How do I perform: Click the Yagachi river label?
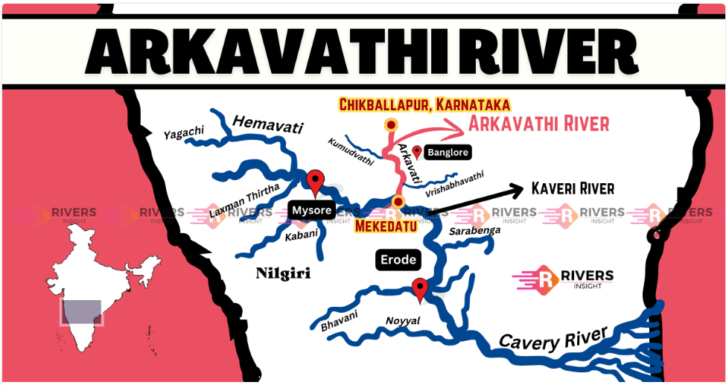click(184, 133)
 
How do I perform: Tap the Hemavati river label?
click(267, 125)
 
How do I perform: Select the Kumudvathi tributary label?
click(350, 151)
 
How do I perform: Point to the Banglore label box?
click(448, 153)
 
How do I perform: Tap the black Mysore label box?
click(311, 211)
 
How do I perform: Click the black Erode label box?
click(397, 261)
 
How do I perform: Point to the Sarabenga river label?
click(474, 232)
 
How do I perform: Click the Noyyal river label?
click(403, 321)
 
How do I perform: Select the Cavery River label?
click(553, 338)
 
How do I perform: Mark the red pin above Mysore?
click(316, 181)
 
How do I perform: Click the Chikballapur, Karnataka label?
click(424, 105)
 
